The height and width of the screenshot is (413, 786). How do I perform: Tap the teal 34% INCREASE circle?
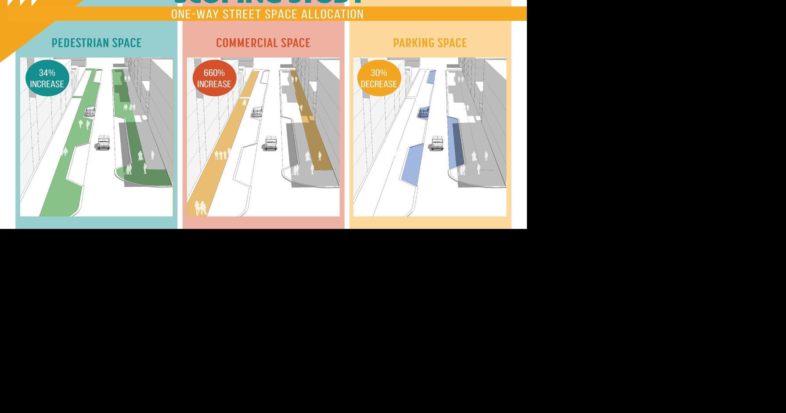coord(47,78)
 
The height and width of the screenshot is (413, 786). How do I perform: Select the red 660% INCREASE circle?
coord(214,78)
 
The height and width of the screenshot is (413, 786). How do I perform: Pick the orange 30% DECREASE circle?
coord(379,78)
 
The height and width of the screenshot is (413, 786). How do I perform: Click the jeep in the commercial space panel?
coord(270,143)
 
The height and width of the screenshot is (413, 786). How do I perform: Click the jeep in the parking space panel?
coord(437,143)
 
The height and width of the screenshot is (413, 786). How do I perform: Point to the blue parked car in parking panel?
coord(424,112)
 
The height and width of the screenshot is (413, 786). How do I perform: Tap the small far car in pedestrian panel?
coord(90,112)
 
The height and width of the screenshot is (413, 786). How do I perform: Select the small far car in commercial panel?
coord(257,112)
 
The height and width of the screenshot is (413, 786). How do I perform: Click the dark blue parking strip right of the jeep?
coord(455,143)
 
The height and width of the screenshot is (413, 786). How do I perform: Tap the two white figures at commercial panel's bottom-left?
coord(200,208)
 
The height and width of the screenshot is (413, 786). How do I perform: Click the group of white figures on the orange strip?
coord(222,154)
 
